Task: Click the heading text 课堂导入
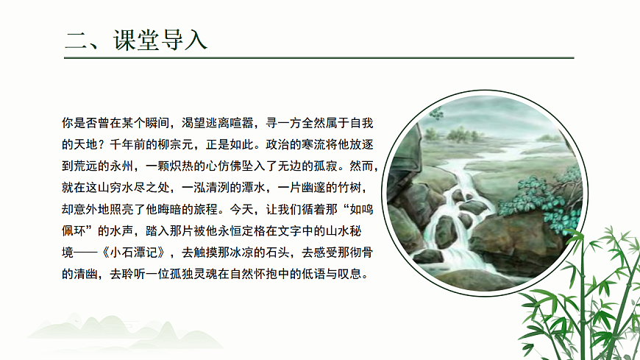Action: coord(160,39)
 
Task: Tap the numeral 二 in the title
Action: coord(77,39)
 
